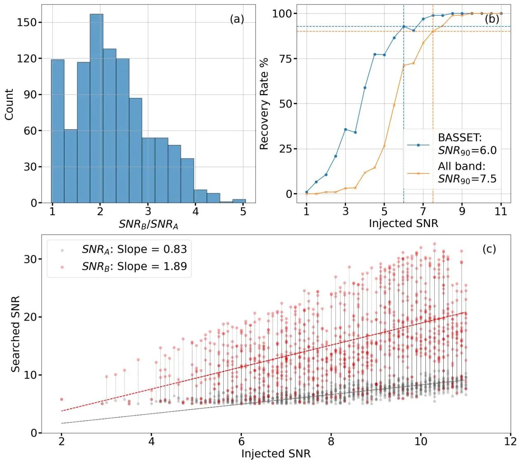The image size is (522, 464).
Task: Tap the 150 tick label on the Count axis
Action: coord(27,22)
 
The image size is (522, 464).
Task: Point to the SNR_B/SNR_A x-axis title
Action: coord(148,224)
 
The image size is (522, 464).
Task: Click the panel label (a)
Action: coord(237,19)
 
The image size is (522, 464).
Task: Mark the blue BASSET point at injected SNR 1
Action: coord(307,192)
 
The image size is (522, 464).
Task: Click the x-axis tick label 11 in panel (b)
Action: coord(501,211)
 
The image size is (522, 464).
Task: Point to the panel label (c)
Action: coord(489,249)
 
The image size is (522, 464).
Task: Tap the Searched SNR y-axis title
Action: coord(16,334)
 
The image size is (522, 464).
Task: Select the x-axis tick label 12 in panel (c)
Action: coord(510,441)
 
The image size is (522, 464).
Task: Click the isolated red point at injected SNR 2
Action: coord(62,399)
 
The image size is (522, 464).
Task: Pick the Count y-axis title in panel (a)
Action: coord(9,104)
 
